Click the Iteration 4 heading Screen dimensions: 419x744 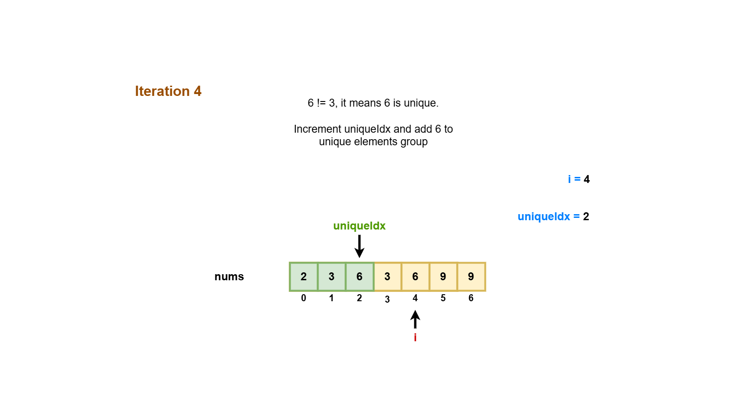[168, 91]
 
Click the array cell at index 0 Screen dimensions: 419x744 [304, 277]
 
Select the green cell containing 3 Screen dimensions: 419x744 [332, 277]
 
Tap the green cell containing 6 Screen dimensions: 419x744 [359, 277]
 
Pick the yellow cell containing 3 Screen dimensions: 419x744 [387, 277]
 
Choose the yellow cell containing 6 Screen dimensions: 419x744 [415, 277]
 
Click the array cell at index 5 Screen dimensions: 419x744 [443, 277]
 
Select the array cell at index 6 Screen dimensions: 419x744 [471, 277]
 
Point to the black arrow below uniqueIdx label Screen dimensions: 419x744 [359, 246]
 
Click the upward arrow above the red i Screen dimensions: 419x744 [415, 319]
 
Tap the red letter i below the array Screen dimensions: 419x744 [415, 338]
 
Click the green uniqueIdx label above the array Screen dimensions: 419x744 [359, 226]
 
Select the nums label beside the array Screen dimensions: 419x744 [229, 277]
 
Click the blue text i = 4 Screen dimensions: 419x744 [578, 179]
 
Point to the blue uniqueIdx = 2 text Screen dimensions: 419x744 [553, 216]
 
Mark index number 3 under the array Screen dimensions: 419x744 [387, 299]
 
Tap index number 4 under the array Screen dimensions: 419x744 [415, 298]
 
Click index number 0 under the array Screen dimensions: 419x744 [304, 298]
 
